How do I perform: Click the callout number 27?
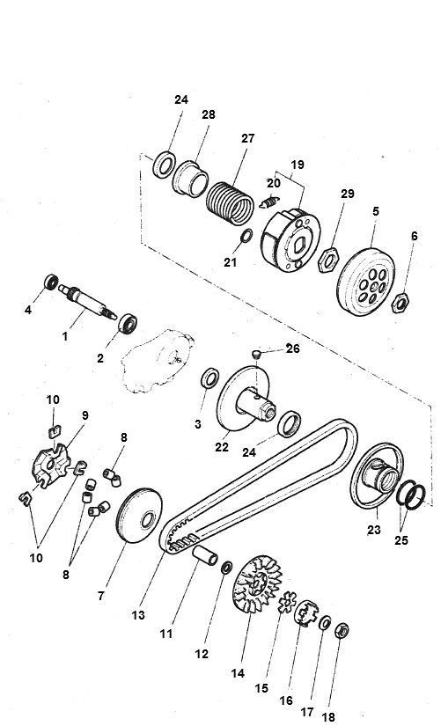pos(246,138)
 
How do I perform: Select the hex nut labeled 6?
pos(400,303)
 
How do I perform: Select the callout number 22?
pos(222,446)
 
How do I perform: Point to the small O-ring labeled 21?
pos(248,236)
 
